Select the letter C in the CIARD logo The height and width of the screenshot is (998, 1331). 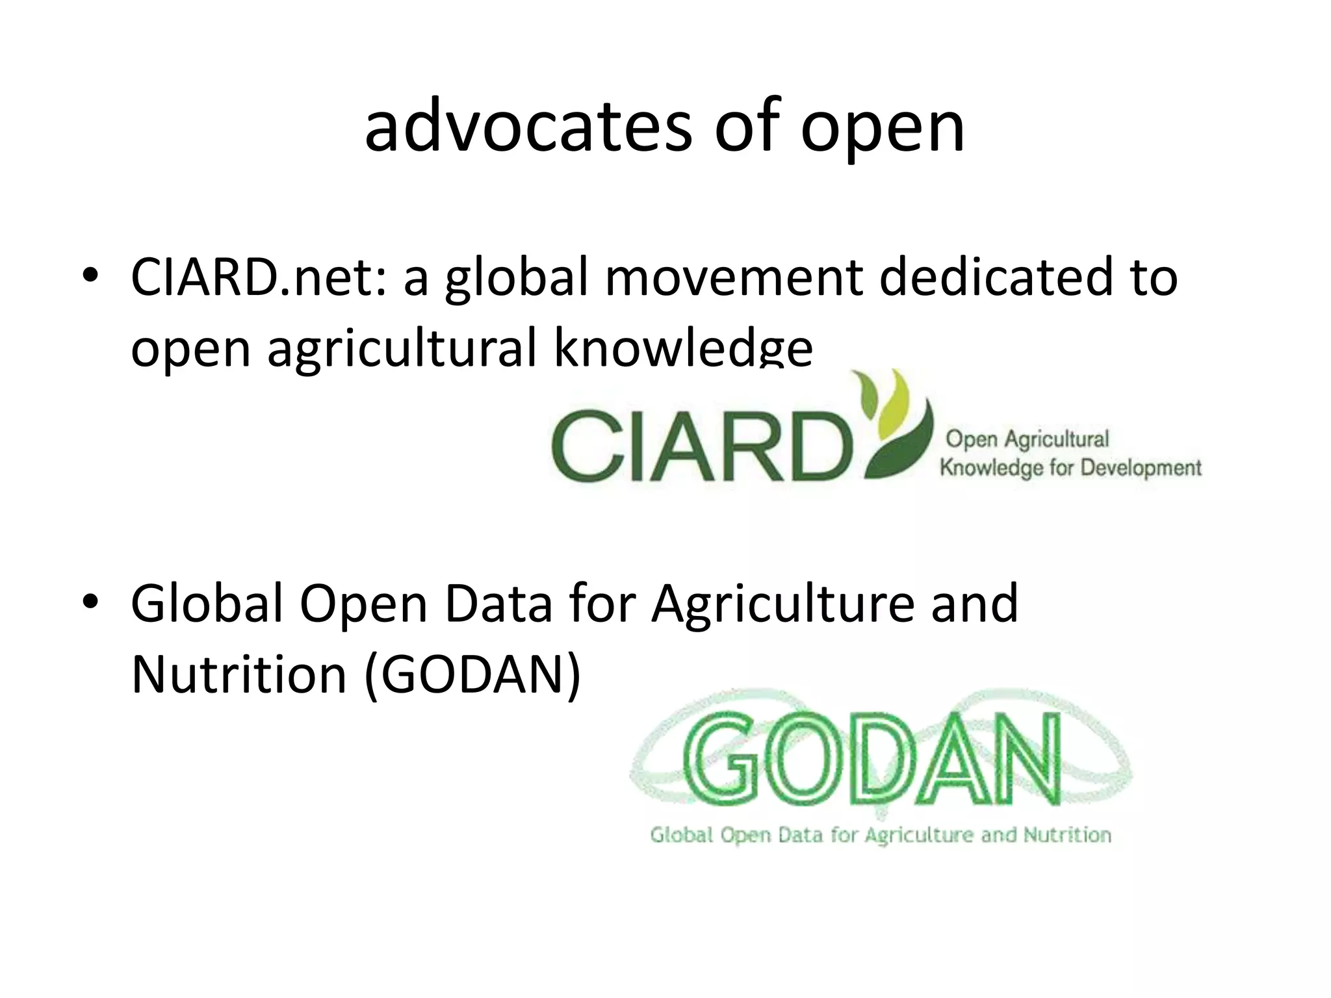(x=582, y=446)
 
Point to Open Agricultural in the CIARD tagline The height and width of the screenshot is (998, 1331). (x=1027, y=439)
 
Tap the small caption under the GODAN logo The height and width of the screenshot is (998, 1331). (x=881, y=835)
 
